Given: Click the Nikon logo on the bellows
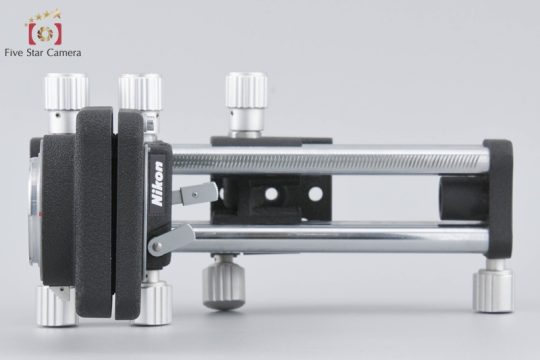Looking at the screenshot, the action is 158,184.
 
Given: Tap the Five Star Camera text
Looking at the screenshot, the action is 43,52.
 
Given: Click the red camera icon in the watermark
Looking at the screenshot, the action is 45,33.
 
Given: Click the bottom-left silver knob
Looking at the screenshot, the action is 56,306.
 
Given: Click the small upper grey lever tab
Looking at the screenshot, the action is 195,193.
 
